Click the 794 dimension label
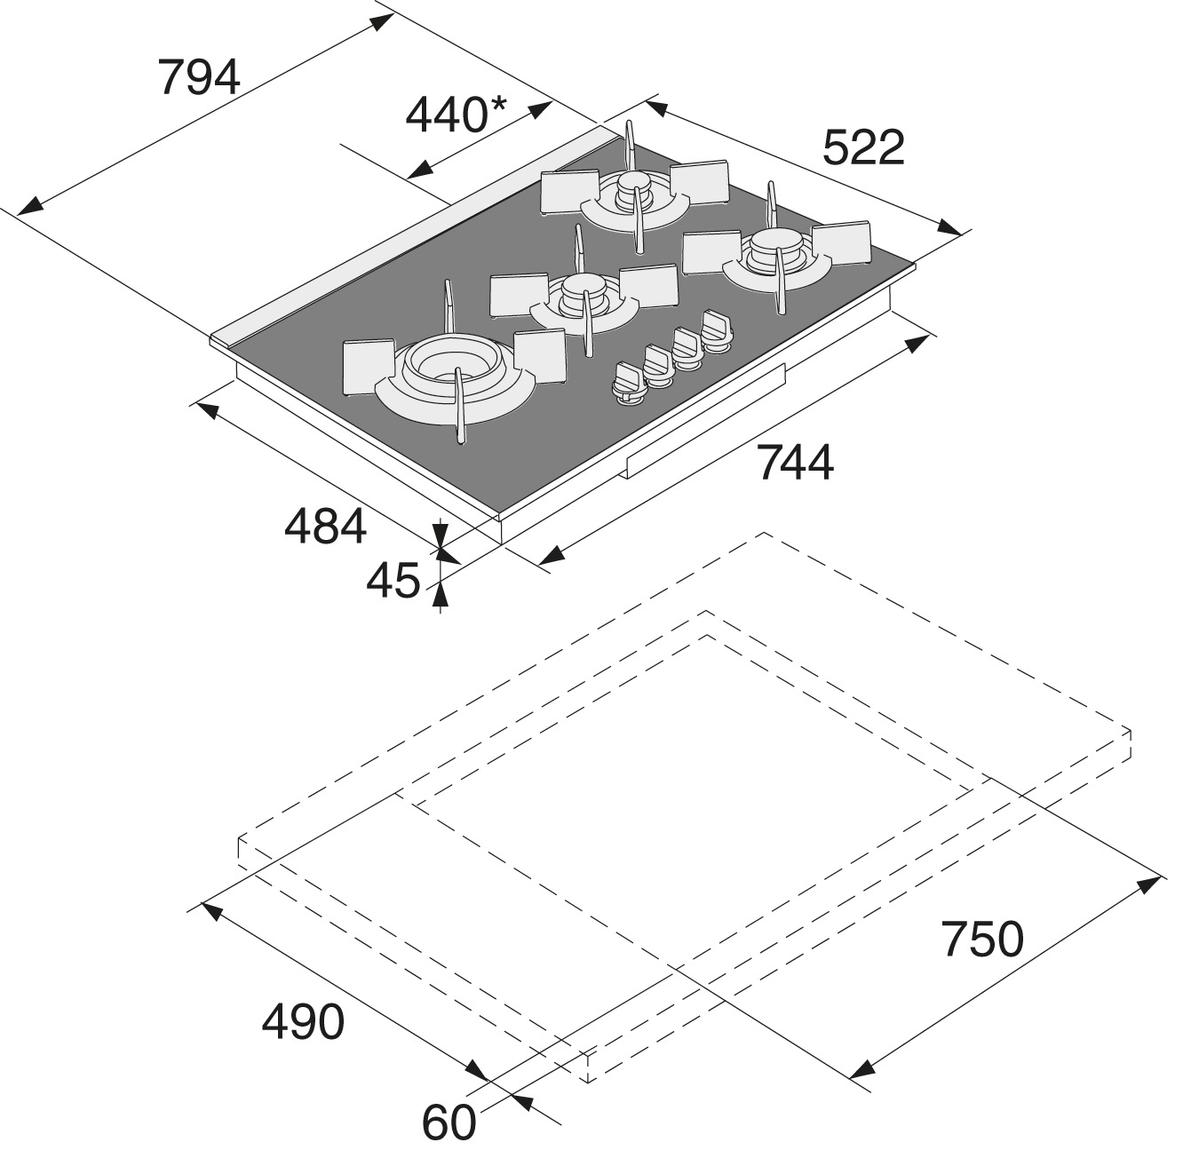[x=199, y=76]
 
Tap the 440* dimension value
[x=456, y=115]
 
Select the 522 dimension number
[x=863, y=147]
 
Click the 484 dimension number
[x=325, y=527]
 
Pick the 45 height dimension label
[x=393, y=580]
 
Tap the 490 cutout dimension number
[x=303, y=1022]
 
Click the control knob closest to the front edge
[x=630, y=385]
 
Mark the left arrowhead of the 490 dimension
[x=211, y=910]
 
